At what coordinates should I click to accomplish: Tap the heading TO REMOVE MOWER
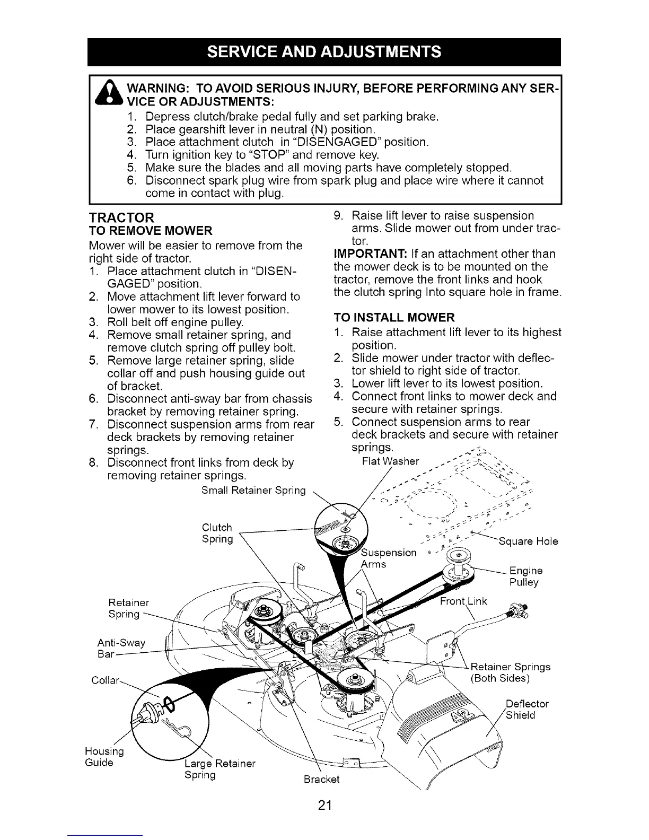(150, 231)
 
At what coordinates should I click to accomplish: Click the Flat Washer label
(390, 460)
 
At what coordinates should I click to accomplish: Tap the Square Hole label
(528, 541)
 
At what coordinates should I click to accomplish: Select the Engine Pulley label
(525, 576)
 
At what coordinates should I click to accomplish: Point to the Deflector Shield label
(527, 710)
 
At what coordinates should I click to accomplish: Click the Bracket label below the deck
(321, 780)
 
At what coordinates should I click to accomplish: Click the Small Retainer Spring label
(253, 491)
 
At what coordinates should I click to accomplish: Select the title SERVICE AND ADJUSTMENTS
(324, 51)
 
